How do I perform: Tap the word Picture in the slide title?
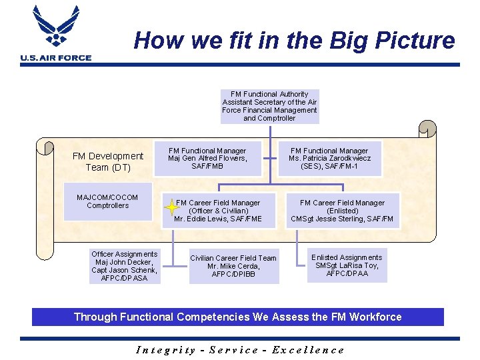415,41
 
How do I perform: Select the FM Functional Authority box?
269,106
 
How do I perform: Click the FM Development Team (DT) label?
107,161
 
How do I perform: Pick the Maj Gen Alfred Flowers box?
207,159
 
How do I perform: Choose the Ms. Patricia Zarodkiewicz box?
329,159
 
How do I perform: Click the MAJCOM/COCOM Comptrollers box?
107,201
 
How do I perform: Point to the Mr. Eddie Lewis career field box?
218,211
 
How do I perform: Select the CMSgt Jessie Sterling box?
342,211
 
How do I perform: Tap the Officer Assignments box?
125,266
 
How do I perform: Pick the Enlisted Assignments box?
347,265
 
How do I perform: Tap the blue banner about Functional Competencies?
238,317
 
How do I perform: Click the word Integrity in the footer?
166,349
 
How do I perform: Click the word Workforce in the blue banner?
373,317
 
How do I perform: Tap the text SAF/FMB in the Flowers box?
207,167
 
